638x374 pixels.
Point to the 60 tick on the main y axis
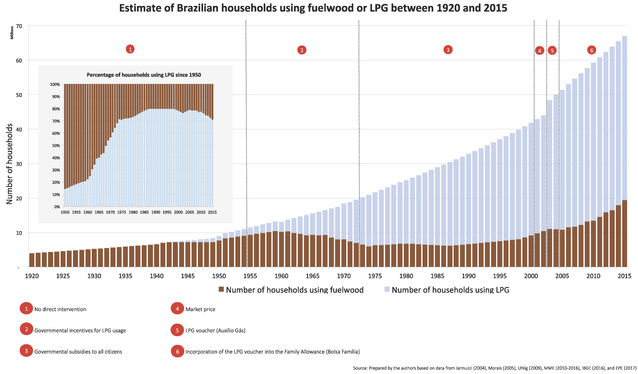[19, 61]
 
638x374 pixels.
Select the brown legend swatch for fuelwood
[221, 289]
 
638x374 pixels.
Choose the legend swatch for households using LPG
[387, 289]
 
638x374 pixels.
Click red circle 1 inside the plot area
[130, 49]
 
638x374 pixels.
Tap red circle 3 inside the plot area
[448, 50]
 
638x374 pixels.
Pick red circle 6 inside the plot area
[591, 50]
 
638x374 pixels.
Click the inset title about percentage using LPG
[144, 75]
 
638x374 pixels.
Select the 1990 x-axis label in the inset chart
[156, 212]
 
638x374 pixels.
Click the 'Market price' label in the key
[200, 309]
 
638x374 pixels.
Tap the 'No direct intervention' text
[60, 309]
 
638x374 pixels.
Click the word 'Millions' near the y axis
[12, 33]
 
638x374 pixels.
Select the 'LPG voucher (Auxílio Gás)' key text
[215, 331]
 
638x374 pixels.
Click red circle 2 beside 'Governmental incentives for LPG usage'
[26, 329]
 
